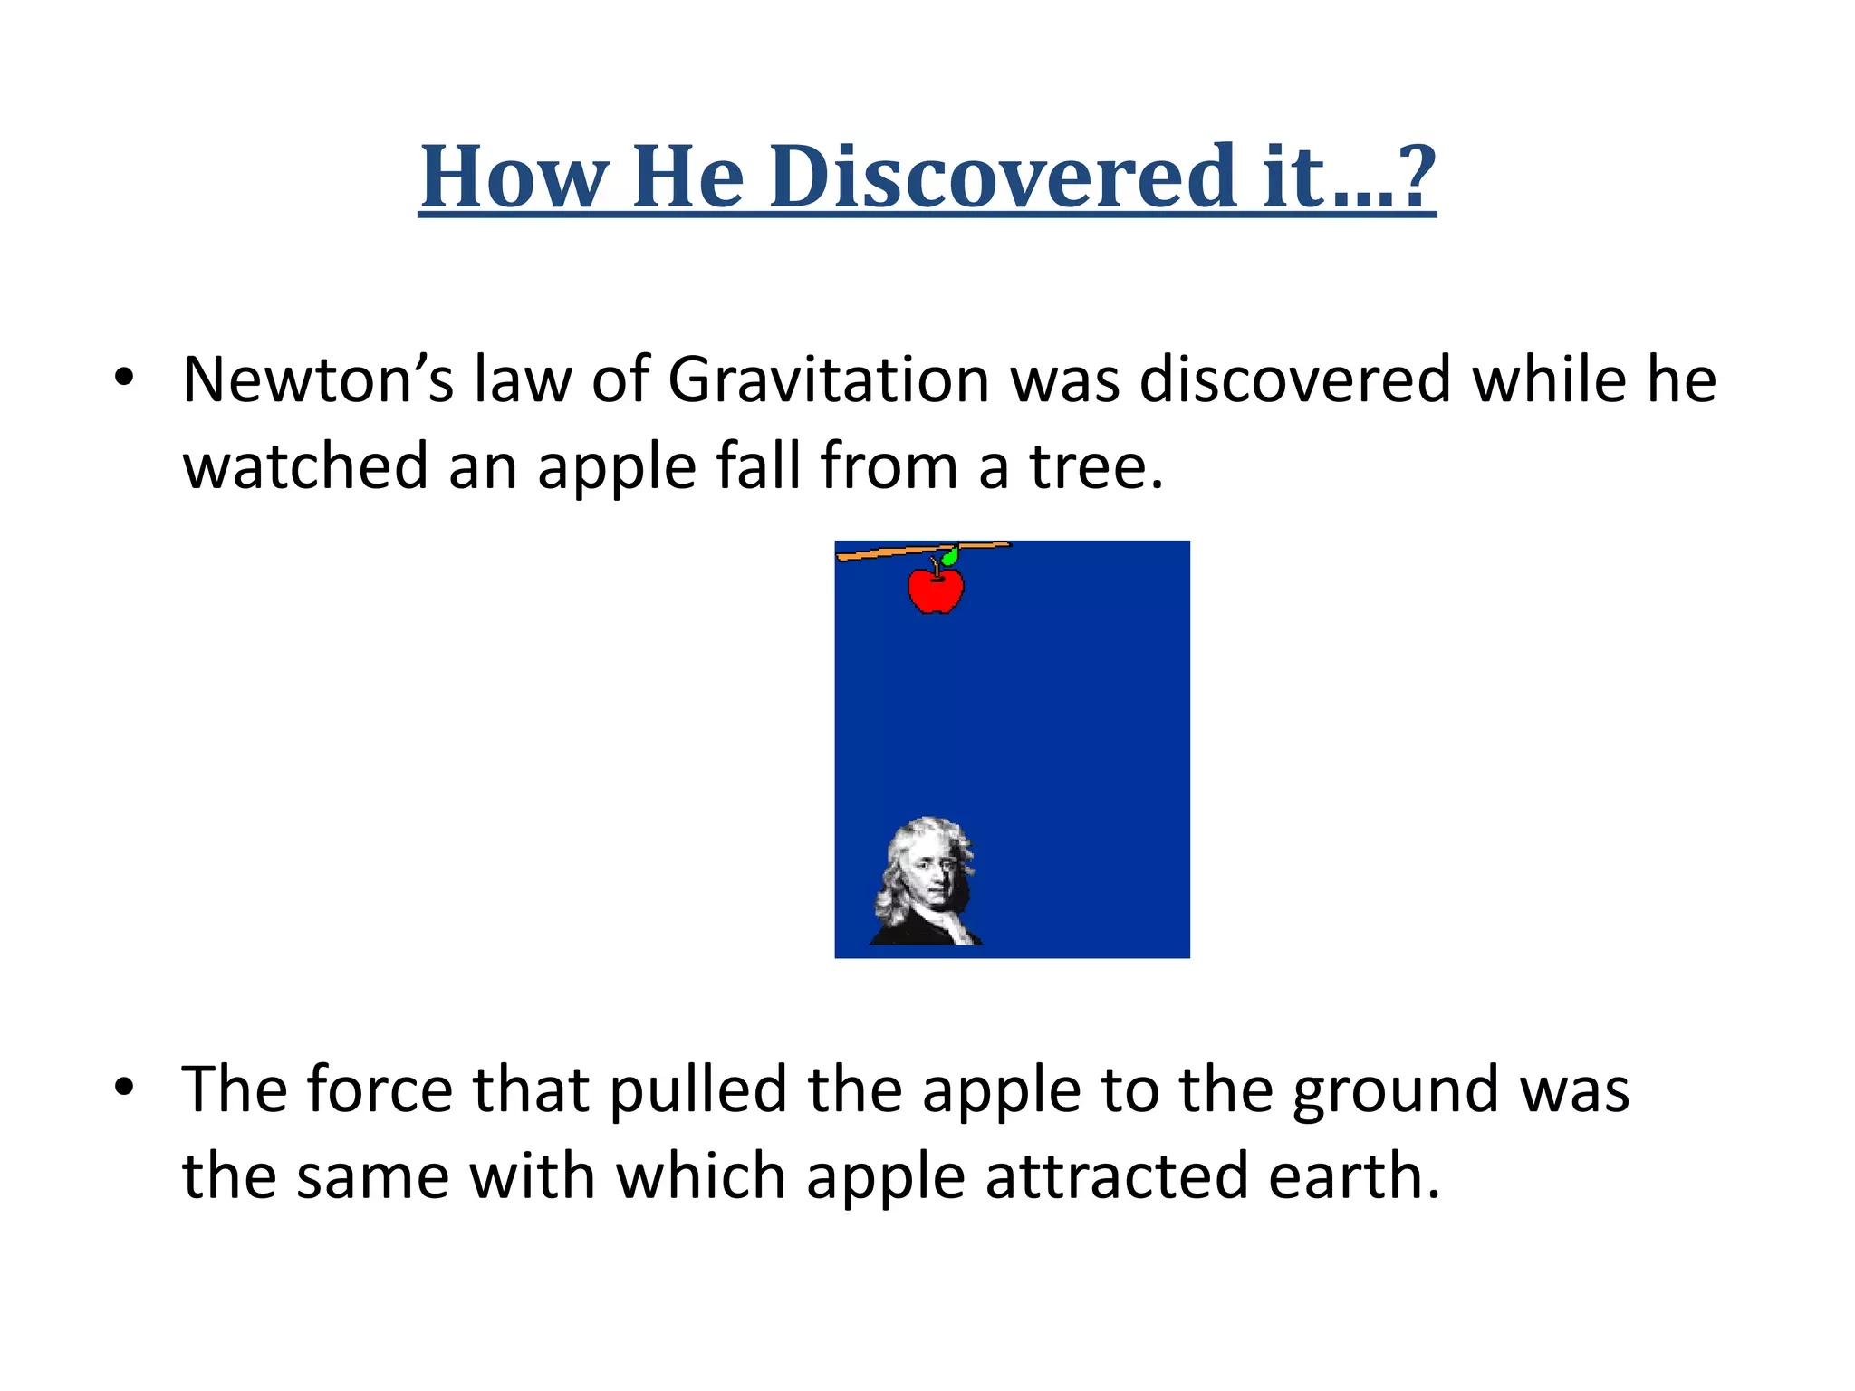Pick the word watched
point(305,465)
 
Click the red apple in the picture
point(936,590)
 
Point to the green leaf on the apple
point(950,556)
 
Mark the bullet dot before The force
point(124,1087)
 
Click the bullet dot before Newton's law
point(124,377)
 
